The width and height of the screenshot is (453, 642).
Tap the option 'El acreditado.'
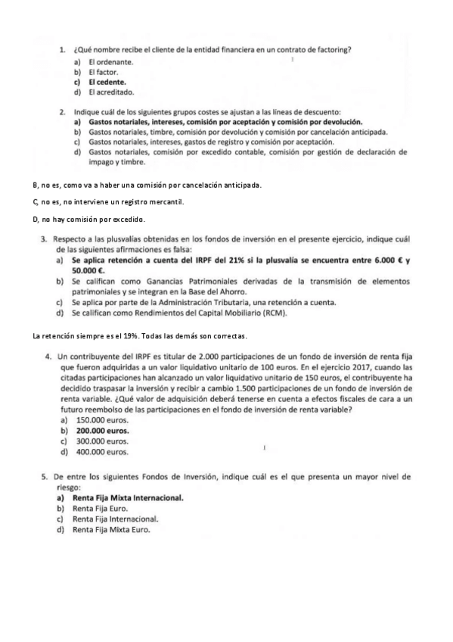(x=110, y=92)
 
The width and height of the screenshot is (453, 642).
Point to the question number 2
(x=63, y=111)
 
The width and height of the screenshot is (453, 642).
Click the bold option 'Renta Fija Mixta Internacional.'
(x=128, y=499)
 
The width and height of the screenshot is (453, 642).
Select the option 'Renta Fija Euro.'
(x=105, y=510)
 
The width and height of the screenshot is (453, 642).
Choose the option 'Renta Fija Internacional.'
(x=116, y=520)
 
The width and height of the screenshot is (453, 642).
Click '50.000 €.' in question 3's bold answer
(x=88, y=270)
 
